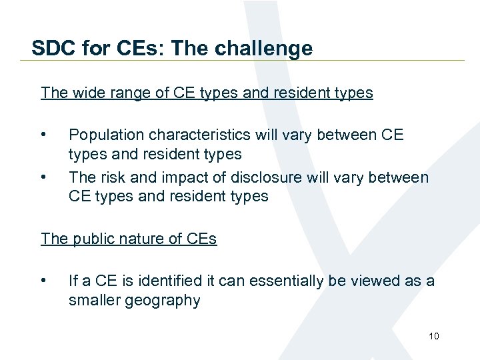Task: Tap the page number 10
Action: pyautogui.click(x=434, y=336)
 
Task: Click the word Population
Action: pyautogui.click(x=105, y=135)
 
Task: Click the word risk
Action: pyautogui.click(x=135, y=177)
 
